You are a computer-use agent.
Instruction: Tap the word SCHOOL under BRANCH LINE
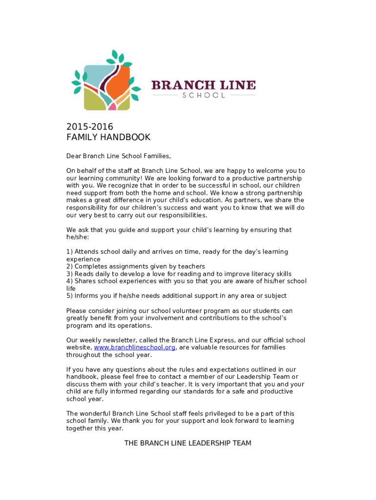pyautogui.click(x=204, y=95)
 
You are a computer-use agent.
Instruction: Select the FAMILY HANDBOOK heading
pyautogui.click(x=108, y=138)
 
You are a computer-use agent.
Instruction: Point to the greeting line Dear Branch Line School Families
pyautogui.click(x=119, y=156)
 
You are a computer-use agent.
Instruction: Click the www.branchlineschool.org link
pyautogui.click(x=134, y=348)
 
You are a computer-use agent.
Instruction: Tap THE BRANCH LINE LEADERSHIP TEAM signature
pyautogui.click(x=188, y=443)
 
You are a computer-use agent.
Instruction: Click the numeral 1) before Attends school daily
pyautogui.click(x=69, y=252)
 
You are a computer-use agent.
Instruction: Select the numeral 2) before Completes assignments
pyautogui.click(x=69, y=267)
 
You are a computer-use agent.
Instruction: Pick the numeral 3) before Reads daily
pyautogui.click(x=69, y=274)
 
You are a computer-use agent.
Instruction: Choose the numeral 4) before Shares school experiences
pyautogui.click(x=69, y=281)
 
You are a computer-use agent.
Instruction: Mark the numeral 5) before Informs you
pyautogui.click(x=69, y=296)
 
